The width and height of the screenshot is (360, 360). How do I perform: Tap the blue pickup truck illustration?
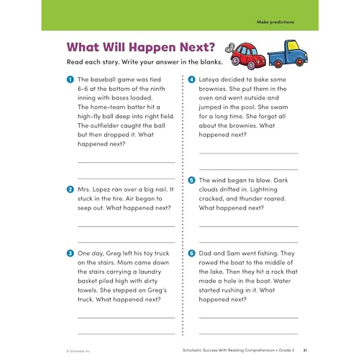[x=288, y=54]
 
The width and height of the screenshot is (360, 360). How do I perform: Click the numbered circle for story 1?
[x=70, y=79]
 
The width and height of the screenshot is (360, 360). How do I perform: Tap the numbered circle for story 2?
[x=70, y=189]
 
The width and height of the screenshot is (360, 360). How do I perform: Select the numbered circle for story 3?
[x=70, y=253]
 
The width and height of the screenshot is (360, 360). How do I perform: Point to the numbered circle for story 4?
[x=191, y=79]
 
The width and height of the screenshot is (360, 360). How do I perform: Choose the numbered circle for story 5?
[x=191, y=180]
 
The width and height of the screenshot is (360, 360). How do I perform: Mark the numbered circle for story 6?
[x=191, y=253]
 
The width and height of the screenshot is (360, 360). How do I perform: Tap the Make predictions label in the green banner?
[x=275, y=22]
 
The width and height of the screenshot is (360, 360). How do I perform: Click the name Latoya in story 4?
[x=209, y=79]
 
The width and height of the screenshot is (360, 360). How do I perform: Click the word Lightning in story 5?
[x=264, y=189]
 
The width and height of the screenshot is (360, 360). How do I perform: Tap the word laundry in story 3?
[x=150, y=272]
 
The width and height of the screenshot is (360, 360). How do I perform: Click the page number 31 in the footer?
[x=305, y=350]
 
